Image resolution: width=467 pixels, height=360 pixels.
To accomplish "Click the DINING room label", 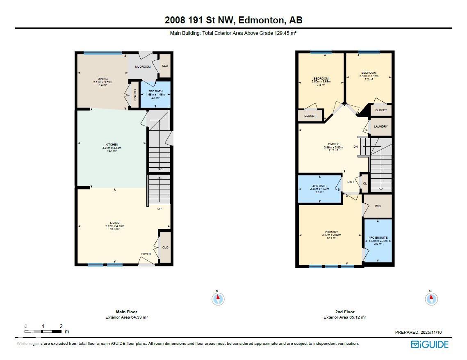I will point(103,79).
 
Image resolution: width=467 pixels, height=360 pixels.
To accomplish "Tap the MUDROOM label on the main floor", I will point(143,66).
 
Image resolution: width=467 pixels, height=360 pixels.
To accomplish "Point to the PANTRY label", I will point(134,95).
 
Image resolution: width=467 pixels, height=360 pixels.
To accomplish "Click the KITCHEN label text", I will point(112,145).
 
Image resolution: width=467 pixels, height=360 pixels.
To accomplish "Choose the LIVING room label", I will point(115,223).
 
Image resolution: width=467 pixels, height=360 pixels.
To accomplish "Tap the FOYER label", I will point(146,254).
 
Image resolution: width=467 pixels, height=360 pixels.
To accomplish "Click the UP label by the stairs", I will point(159,209).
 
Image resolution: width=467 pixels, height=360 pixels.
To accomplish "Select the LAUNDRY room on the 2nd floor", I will point(380,127).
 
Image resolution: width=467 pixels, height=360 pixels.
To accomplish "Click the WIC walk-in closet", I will point(378,206).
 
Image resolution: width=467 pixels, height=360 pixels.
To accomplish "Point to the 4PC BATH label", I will point(320,187).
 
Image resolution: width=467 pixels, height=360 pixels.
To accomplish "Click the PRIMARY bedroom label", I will point(331,232).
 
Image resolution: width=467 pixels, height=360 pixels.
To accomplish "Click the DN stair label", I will point(356,146).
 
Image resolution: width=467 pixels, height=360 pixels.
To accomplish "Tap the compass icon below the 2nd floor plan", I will point(431,299).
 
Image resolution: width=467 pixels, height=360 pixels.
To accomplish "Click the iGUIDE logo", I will point(430,344).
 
